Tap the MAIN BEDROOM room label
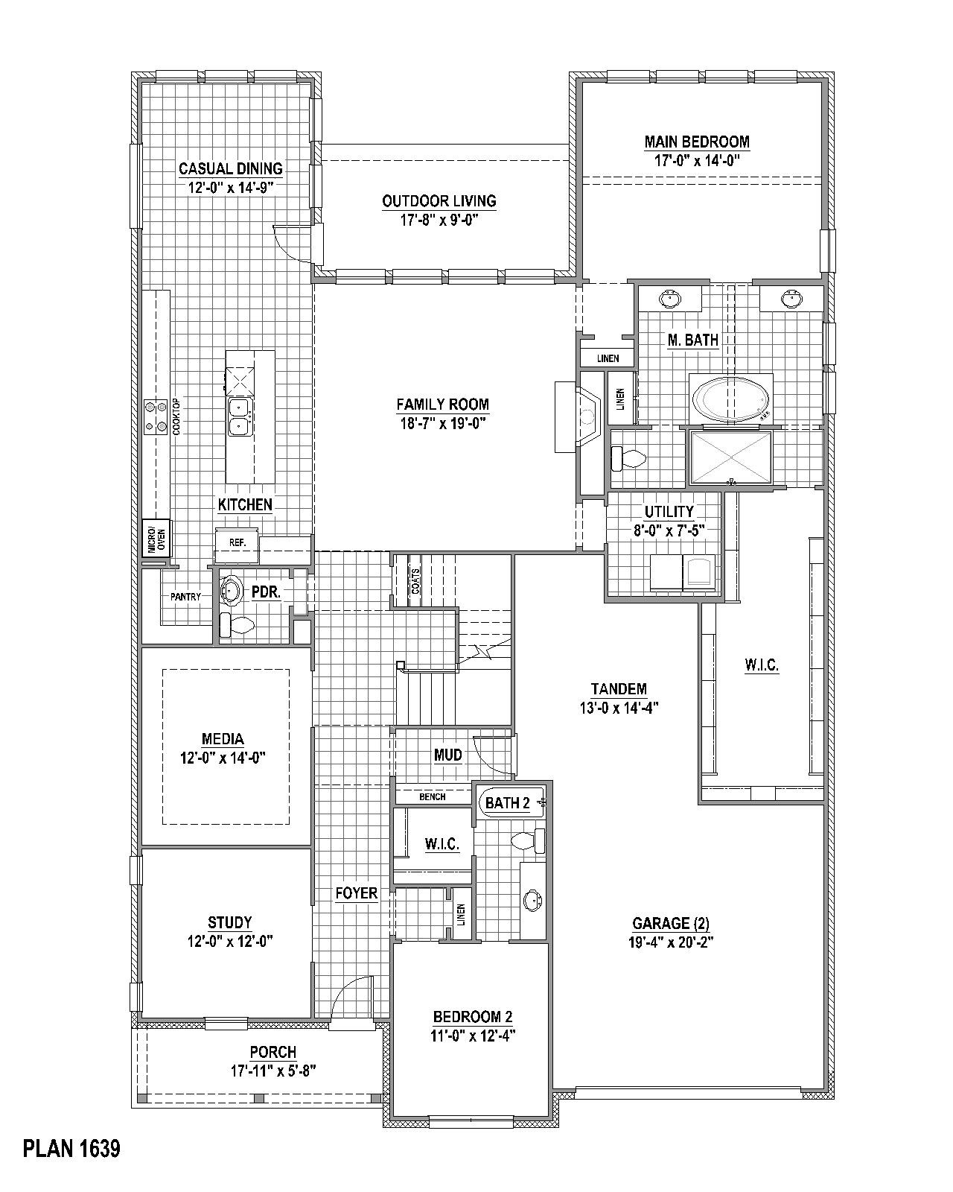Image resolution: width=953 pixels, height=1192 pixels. [697, 142]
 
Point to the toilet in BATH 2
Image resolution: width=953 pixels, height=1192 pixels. [527, 840]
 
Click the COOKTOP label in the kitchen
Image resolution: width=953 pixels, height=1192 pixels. [176, 417]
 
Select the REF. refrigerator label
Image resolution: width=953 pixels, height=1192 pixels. [238, 543]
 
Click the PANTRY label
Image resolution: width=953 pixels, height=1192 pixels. [185, 597]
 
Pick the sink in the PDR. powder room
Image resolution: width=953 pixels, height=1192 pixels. [231, 592]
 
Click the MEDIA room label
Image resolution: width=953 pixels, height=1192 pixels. [223, 739]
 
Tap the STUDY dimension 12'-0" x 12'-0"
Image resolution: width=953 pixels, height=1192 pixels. [230, 941]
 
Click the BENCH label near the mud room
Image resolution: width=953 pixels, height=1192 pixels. [432, 796]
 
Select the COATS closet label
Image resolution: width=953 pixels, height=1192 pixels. [415, 581]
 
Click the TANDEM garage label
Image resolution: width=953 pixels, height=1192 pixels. [619, 689]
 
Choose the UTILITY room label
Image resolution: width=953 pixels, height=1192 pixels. [669, 512]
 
